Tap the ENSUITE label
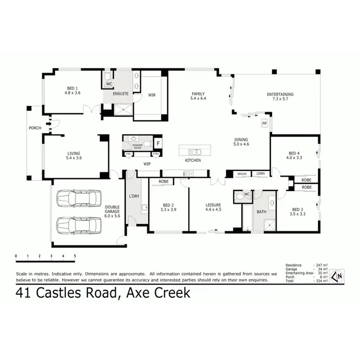[120, 94]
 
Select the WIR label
[152, 95]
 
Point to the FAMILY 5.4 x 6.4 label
[198, 96]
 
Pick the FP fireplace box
[264, 123]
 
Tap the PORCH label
[35, 128]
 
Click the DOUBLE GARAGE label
[112, 211]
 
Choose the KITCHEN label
[193, 160]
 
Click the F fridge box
[158, 143]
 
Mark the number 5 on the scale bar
[75, 256]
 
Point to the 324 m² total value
[321, 281]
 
